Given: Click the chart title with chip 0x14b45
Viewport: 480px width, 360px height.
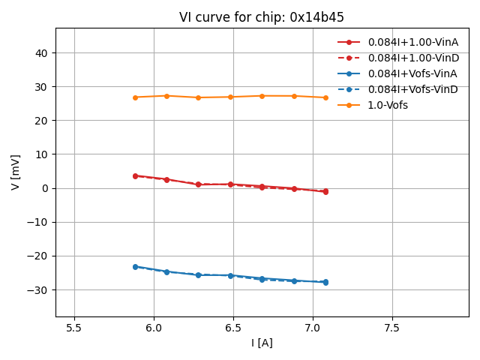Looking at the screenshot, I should click(x=262, y=17).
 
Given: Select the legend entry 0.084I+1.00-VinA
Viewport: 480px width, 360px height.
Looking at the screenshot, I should click(x=413, y=42).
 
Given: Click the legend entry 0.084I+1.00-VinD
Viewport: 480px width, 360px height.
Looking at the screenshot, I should click(x=413, y=58).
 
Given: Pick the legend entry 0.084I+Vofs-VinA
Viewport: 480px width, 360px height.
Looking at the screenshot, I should click(x=412, y=73).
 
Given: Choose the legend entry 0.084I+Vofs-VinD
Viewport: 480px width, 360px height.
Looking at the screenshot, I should click(x=412, y=89).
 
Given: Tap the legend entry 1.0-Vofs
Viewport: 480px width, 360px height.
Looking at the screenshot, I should click(x=388, y=105).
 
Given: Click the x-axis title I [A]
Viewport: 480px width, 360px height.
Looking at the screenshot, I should click(x=262, y=343).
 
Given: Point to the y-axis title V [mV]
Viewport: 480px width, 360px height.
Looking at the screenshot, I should click(x=16, y=172).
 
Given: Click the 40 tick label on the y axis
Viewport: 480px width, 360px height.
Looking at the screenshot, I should click(x=42, y=53).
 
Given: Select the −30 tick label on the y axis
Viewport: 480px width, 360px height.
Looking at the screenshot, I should click(x=38, y=290).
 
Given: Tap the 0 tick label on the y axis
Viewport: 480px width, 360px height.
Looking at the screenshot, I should click(x=45, y=188).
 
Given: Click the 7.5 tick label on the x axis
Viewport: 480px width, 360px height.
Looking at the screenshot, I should click(x=392, y=328).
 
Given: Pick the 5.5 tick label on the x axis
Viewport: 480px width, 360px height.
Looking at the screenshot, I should click(x=74, y=328).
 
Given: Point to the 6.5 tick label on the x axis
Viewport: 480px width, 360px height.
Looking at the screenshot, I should click(x=233, y=328).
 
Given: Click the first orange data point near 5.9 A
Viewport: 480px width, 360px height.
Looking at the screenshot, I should click(x=135, y=97).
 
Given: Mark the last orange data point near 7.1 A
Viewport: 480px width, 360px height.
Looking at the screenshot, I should click(x=325, y=97).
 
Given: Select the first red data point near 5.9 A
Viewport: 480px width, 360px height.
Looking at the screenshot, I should click(x=135, y=175).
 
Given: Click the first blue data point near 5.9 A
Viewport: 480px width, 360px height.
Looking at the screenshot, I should click(x=135, y=266).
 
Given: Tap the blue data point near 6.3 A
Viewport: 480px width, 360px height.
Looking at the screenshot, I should click(x=198, y=274).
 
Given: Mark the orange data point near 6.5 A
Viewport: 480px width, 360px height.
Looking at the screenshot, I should click(x=230, y=97).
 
